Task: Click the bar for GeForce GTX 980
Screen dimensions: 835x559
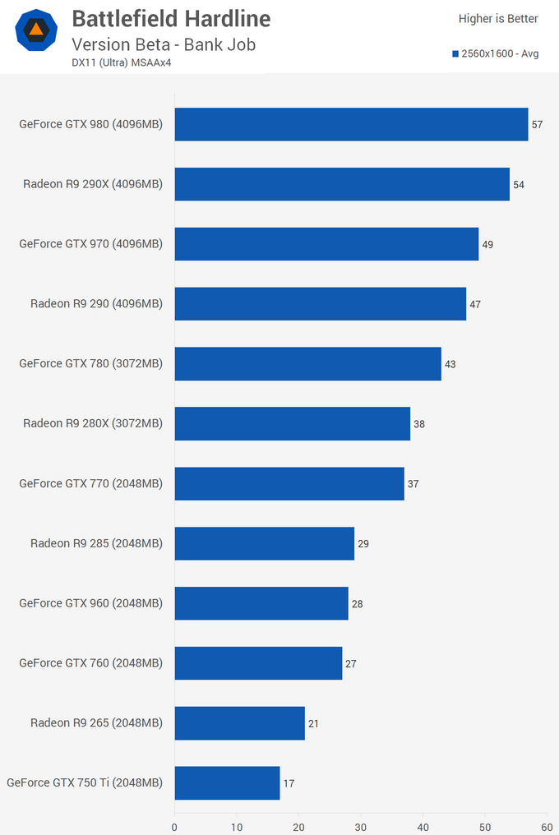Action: point(351,124)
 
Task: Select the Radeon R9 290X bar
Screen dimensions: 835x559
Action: point(342,184)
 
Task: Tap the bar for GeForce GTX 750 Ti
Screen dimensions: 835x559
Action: point(227,782)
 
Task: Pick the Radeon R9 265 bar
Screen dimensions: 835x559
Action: point(239,723)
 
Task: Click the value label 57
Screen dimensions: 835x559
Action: point(538,125)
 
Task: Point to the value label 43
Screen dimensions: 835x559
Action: point(450,364)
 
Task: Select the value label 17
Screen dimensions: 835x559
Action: point(289,783)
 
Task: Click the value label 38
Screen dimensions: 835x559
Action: point(419,424)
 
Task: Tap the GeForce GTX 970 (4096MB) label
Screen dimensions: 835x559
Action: point(91,244)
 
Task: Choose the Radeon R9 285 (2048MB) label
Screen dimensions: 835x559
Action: point(96,543)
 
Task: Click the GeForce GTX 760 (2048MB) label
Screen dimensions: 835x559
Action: point(91,663)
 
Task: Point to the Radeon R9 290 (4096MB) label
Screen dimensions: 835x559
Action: point(96,304)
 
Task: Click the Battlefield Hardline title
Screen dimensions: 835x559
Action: point(171,18)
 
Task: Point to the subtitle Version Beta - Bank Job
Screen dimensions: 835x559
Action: point(164,44)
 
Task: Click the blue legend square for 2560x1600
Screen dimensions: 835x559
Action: point(455,54)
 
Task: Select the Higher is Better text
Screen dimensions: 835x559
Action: point(498,19)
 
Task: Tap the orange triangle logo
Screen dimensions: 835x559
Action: point(36,30)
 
